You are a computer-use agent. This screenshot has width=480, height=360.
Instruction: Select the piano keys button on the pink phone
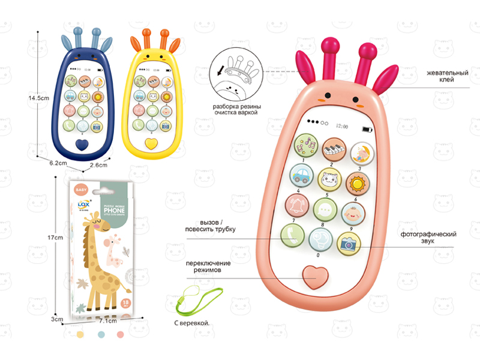[x=333, y=149]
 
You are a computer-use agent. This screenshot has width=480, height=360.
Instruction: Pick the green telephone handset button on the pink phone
[x=292, y=235]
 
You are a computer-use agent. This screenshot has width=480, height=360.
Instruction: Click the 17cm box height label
[x=55, y=238]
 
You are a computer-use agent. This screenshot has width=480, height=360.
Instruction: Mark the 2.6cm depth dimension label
[x=98, y=165]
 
